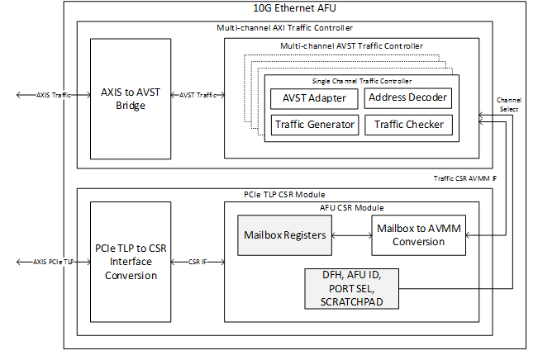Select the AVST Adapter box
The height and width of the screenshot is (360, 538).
313,98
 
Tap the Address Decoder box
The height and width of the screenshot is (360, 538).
408,98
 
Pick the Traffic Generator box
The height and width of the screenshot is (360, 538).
313,125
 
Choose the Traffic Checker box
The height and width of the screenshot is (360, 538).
408,125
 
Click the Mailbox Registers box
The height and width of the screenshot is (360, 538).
283,235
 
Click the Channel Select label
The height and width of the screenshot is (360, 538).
509,104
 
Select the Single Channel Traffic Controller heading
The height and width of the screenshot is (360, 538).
361,81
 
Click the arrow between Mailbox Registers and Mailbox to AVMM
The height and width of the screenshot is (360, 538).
350,235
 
